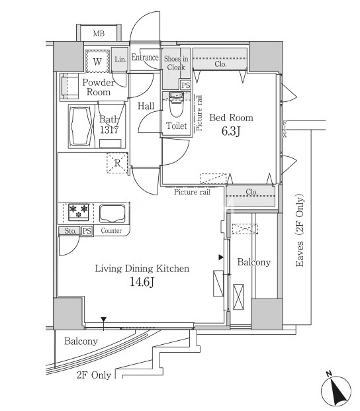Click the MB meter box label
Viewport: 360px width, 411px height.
point(99,34)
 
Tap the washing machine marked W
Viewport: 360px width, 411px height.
point(97,61)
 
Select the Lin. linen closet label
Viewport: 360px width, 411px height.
point(120,60)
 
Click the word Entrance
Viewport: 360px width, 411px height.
point(145,58)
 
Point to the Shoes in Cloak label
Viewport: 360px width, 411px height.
point(176,63)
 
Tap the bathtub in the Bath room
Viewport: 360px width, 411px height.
point(81,126)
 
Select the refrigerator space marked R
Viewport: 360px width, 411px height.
point(117,163)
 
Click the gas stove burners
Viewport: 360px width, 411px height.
point(79,212)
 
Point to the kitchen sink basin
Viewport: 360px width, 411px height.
point(112,213)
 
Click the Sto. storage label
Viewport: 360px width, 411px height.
point(70,231)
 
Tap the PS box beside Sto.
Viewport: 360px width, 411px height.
point(87,231)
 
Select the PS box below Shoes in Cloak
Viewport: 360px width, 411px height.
point(186,85)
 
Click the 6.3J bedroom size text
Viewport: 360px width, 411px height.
point(231,132)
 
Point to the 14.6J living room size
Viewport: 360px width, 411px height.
point(142,282)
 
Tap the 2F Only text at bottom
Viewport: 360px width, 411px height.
point(94,375)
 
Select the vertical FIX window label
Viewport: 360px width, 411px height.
point(285,129)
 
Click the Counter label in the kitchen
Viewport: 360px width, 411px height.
point(111,231)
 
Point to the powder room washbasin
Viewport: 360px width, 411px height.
point(69,86)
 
